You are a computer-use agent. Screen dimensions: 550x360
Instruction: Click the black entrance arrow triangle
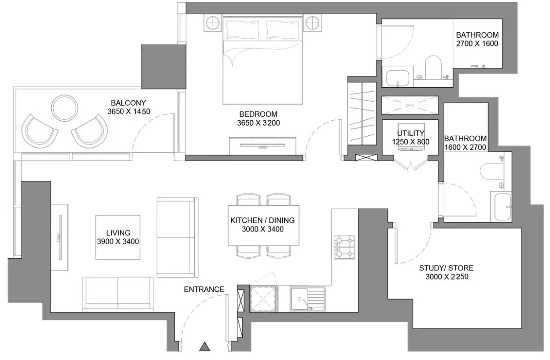pos(204,347)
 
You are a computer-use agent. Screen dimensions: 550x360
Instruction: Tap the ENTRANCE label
pos(204,289)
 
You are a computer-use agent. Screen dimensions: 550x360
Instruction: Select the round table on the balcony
pos(65,108)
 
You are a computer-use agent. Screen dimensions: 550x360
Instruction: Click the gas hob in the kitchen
pos(344,247)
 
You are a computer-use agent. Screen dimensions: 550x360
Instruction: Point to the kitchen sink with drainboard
pos(308,299)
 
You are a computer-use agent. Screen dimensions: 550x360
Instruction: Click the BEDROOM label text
pos(258,114)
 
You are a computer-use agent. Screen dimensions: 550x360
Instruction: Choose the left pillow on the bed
pos(242,30)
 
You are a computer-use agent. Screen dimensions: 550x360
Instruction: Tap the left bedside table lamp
pos(213,23)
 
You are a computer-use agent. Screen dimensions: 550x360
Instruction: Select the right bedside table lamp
pos(312,23)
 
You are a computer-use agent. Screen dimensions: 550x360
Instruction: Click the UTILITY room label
pos(410,133)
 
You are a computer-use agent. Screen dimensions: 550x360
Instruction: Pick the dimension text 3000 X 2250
pos(447,277)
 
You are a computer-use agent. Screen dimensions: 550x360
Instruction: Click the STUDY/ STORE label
pos(447,268)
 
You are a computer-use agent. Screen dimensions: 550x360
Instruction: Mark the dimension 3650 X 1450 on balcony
pos(129,111)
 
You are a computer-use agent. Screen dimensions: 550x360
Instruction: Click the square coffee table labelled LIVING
pos(118,238)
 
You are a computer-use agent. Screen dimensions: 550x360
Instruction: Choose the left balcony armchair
pos(39,131)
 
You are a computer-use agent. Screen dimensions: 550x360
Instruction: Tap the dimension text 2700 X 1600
pos(477,44)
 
